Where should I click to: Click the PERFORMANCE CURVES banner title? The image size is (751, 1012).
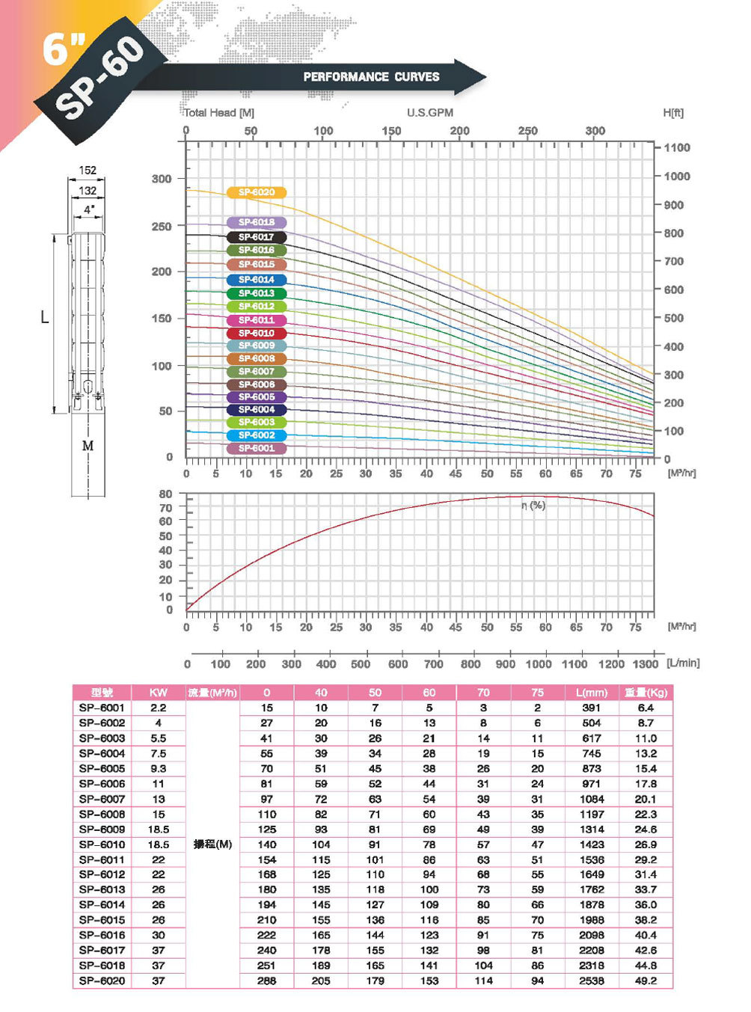pyautogui.click(x=371, y=76)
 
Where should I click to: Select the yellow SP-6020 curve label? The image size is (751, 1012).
pyautogui.click(x=257, y=192)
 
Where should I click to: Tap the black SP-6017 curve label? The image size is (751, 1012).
pyautogui.click(x=257, y=236)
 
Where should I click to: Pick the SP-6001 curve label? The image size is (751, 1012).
pyautogui.click(x=257, y=448)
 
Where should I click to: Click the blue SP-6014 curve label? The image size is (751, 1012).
pyautogui.click(x=257, y=279)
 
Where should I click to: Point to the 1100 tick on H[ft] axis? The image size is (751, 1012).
pyautogui.click(x=677, y=147)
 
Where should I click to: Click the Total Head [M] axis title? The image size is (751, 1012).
pyautogui.click(x=219, y=113)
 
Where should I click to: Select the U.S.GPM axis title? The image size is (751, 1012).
pyautogui.click(x=430, y=112)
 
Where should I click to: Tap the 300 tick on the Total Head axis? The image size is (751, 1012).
pyautogui.click(x=162, y=179)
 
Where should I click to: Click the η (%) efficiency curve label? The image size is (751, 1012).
pyautogui.click(x=533, y=506)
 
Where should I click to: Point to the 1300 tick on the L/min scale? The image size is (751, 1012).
pyautogui.click(x=645, y=663)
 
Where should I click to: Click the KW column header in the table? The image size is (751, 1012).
pyautogui.click(x=159, y=693)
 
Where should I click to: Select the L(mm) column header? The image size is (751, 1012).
pyautogui.click(x=592, y=693)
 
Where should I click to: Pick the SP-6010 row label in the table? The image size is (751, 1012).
pyautogui.click(x=102, y=844)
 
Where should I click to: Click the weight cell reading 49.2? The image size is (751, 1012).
pyautogui.click(x=646, y=981)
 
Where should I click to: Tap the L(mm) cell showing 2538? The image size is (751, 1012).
pyautogui.click(x=592, y=981)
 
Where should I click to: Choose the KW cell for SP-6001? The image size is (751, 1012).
pyautogui.click(x=159, y=708)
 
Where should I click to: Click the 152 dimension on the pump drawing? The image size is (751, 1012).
pyautogui.click(x=88, y=171)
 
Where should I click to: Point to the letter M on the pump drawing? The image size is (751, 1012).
pyautogui.click(x=88, y=446)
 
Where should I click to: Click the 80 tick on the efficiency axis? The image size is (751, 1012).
pyautogui.click(x=165, y=494)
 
